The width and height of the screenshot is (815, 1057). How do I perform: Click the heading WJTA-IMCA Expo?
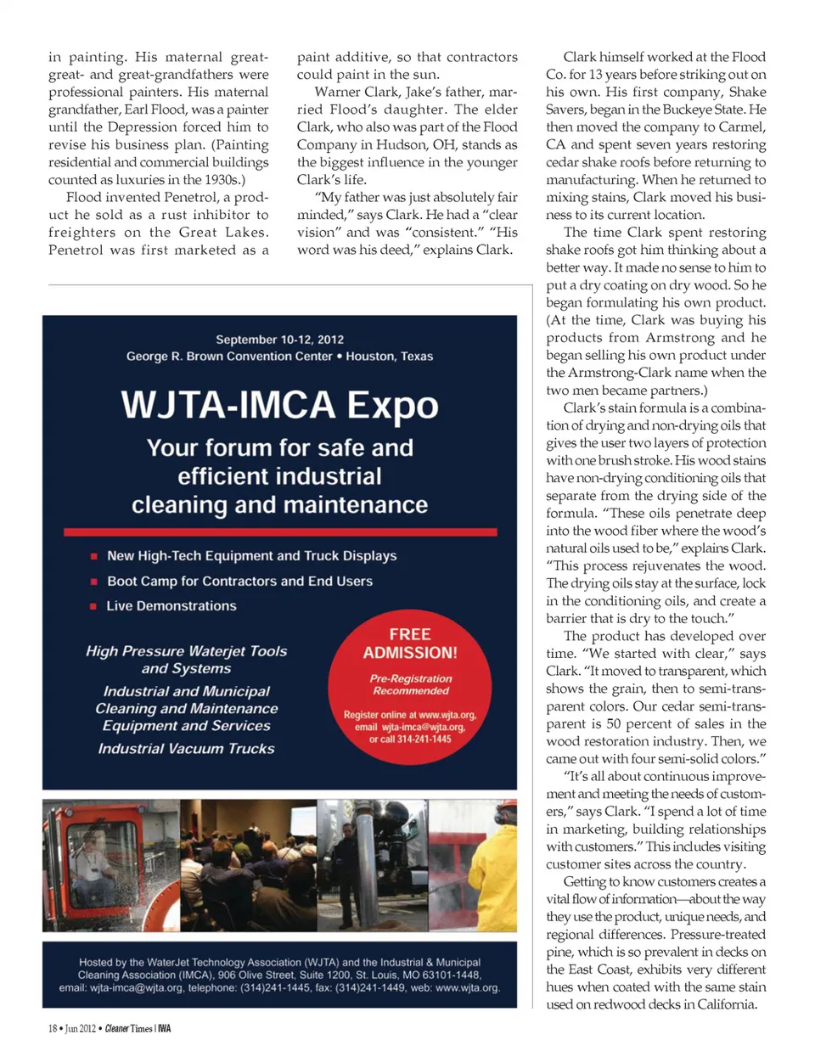pyautogui.click(x=279, y=405)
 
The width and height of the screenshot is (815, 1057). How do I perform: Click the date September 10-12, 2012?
pyautogui.click(x=279, y=339)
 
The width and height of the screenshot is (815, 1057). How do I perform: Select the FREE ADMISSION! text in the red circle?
pyautogui.click(x=410, y=644)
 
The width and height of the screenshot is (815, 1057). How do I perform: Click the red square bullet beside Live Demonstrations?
pyautogui.click(x=93, y=606)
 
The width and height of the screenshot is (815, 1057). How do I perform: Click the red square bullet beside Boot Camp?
pyautogui.click(x=93, y=582)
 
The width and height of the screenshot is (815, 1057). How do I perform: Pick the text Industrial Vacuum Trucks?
pyautogui.click(x=186, y=749)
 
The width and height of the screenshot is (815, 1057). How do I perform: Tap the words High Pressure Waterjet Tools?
pyautogui.click(x=186, y=651)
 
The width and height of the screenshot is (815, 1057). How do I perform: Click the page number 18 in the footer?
pyautogui.click(x=53, y=1028)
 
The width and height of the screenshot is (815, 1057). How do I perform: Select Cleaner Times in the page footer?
pyautogui.click(x=129, y=1028)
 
